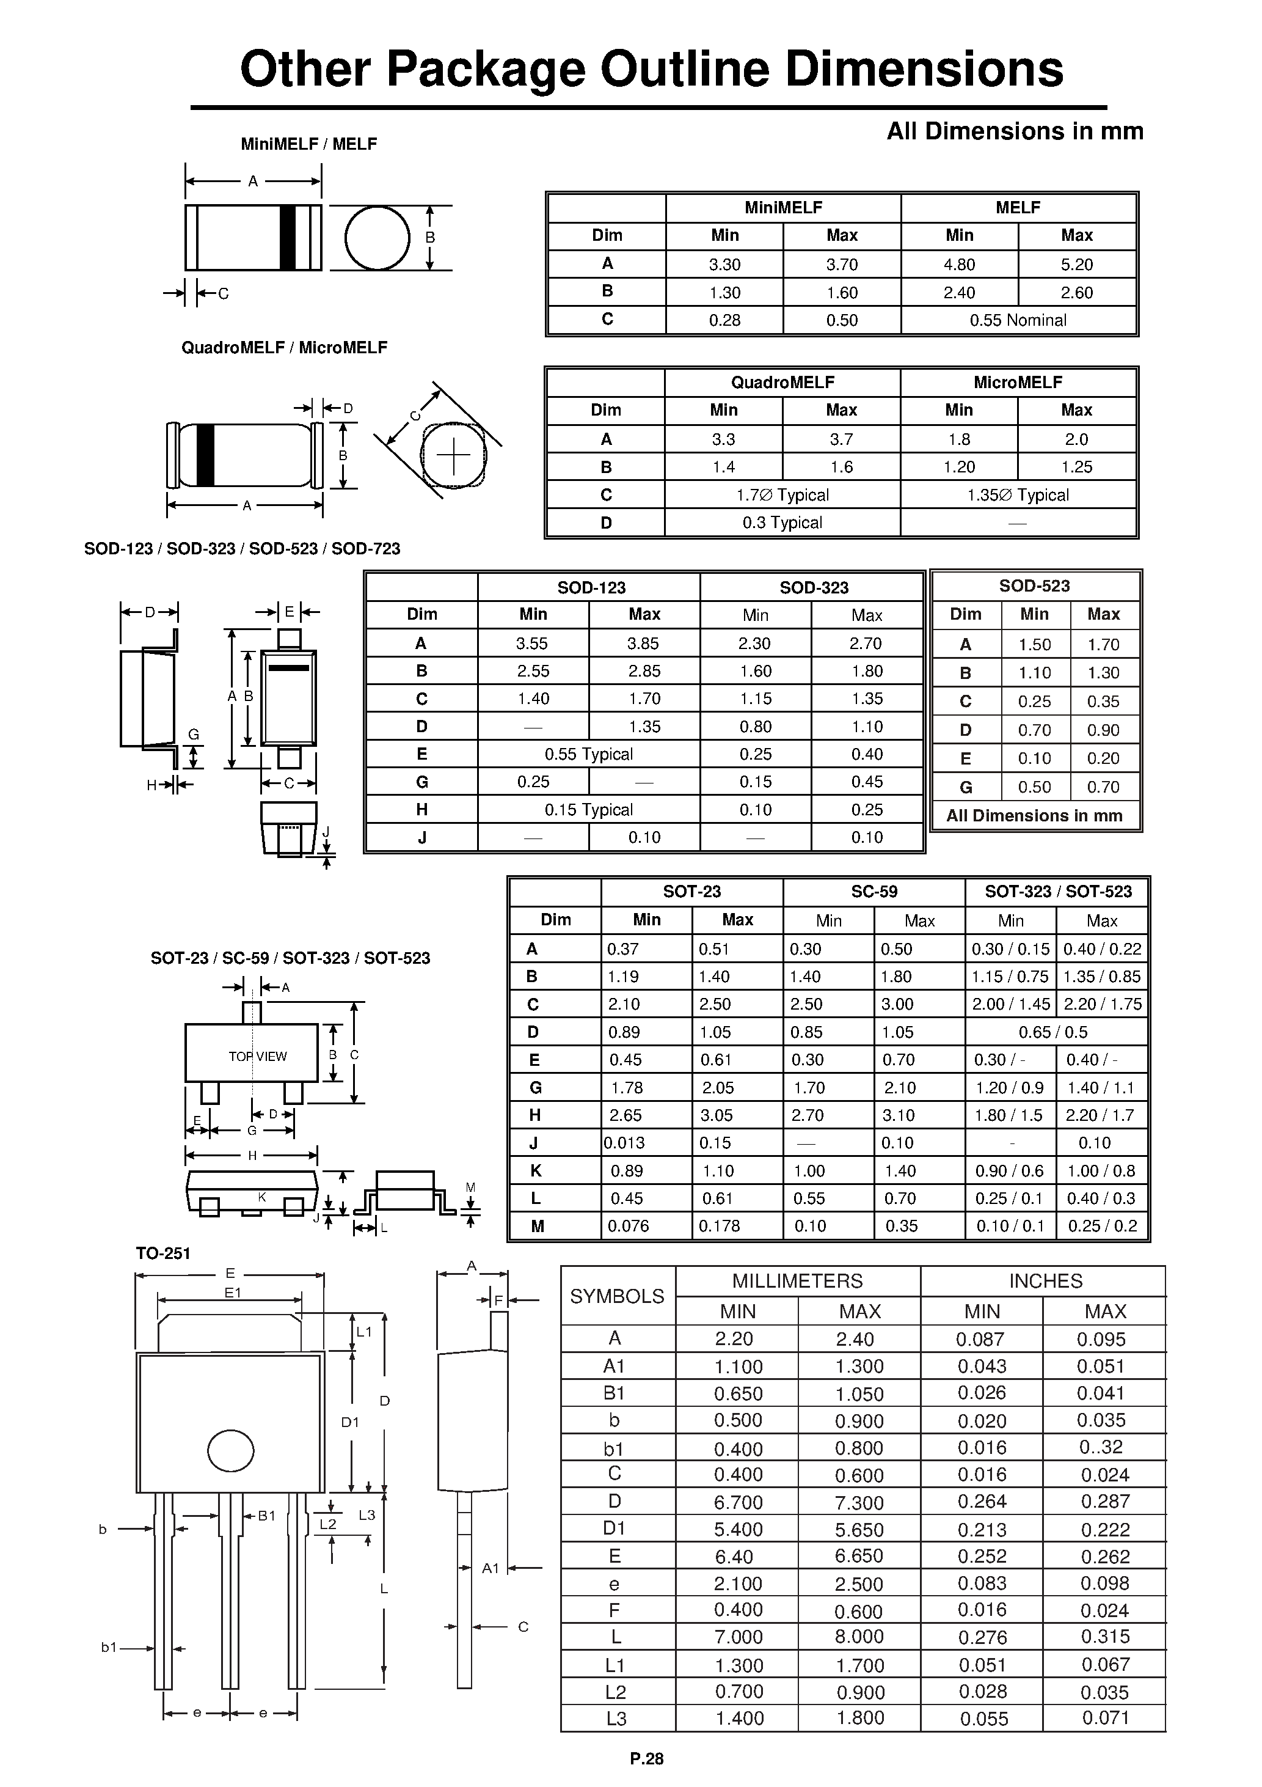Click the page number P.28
(646, 1758)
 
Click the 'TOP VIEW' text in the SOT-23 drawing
(258, 1056)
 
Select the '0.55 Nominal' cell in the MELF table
(1018, 320)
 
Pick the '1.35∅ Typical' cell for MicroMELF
(1018, 495)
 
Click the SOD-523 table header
(1034, 586)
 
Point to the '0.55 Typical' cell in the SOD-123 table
(588, 754)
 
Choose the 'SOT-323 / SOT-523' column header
(1057, 892)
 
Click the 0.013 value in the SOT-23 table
(624, 1143)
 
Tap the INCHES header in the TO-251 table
(1045, 1281)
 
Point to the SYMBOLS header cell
(617, 1296)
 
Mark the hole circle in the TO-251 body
(231, 1451)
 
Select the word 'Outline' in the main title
(685, 68)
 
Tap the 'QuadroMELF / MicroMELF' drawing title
(284, 348)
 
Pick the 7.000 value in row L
(738, 1637)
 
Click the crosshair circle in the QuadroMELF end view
(454, 455)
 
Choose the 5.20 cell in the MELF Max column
(1076, 265)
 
